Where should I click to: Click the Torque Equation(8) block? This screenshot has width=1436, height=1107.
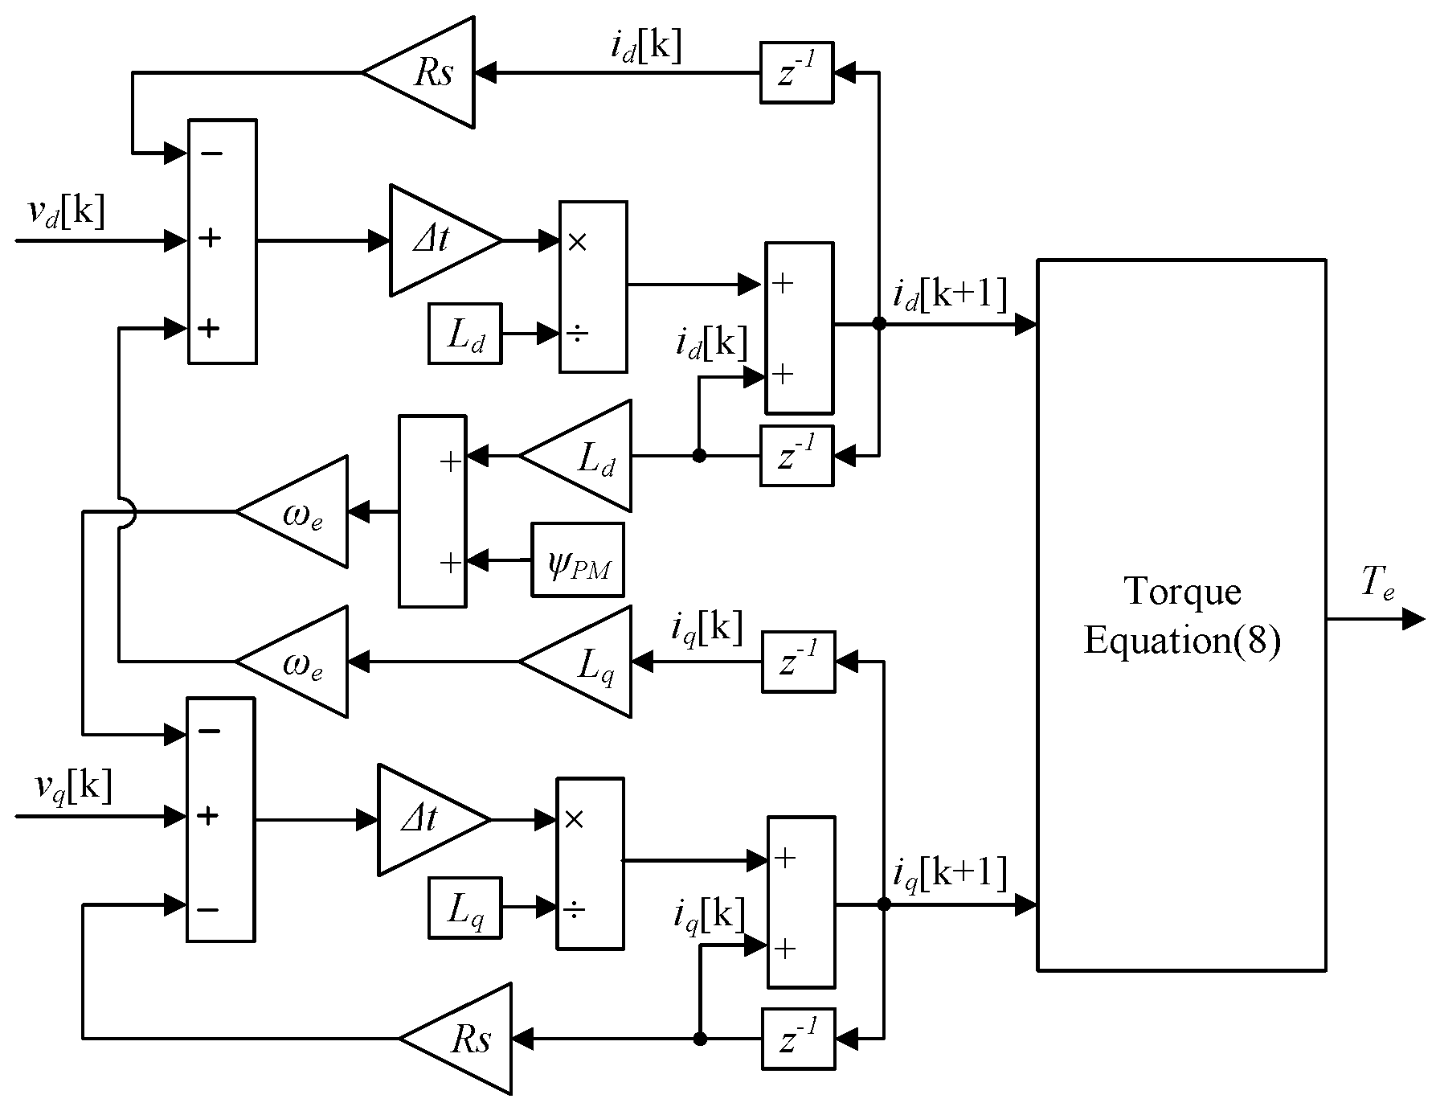[x=1181, y=615]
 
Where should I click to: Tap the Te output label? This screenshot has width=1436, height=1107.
[x=1377, y=584]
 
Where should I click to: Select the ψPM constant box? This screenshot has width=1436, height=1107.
[x=578, y=560]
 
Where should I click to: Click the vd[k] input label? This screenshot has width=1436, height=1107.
[x=67, y=214]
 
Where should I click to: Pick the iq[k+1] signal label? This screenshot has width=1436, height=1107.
[x=949, y=873]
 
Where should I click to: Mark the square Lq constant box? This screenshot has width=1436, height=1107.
[x=465, y=908]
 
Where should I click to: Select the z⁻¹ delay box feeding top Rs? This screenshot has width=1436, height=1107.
[x=796, y=72]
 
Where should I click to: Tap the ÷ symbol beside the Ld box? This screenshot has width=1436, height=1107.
[x=577, y=333]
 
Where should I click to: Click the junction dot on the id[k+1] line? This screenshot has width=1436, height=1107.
[x=879, y=324]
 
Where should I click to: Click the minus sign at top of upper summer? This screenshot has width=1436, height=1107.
[x=211, y=153]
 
